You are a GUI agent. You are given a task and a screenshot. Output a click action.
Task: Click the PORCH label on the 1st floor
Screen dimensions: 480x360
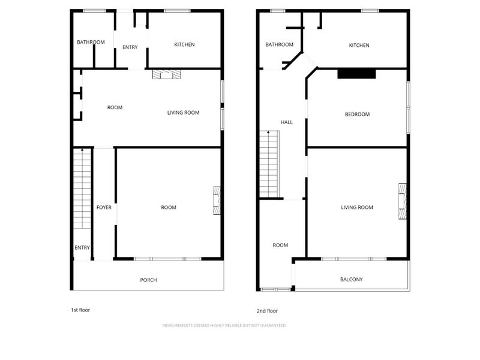(148, 280)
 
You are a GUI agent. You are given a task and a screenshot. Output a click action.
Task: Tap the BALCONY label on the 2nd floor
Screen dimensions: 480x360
(352, 279)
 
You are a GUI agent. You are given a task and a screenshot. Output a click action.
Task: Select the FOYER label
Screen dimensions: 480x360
(104, 207)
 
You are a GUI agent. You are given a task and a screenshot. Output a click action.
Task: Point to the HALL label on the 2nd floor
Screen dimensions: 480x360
(287, 122)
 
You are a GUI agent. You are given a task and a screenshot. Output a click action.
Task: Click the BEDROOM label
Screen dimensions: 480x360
(357, 114)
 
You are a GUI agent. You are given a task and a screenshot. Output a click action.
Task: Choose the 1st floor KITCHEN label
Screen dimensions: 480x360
(184, 44)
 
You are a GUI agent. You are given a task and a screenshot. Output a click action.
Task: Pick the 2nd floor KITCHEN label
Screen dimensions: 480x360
(359, 46)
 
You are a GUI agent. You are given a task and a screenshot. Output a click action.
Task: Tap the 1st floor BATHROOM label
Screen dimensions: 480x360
(91, 42)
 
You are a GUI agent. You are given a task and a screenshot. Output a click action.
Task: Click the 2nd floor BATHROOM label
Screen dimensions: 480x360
(279, 44)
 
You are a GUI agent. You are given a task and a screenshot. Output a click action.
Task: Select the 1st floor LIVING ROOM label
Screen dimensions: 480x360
(184, 113)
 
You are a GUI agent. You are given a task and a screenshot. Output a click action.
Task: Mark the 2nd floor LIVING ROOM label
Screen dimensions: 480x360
(357, 207)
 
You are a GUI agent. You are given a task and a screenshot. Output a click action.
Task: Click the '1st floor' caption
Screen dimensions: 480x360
(80, 310)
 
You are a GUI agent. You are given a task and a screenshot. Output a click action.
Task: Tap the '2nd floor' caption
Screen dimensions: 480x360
(267, 311)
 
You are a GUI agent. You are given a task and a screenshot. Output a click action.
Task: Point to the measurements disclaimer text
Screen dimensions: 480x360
(224, 325)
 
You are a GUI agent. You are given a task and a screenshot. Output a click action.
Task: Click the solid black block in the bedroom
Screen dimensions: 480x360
(356, 74)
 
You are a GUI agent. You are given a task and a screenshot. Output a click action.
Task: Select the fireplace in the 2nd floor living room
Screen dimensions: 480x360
(402, 201)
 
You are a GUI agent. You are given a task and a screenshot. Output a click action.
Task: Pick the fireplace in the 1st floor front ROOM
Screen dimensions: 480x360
(217, 200)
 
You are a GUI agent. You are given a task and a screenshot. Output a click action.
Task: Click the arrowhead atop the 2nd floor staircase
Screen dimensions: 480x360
(268, 132)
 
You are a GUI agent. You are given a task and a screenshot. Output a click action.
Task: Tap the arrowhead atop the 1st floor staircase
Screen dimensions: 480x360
(82, 149)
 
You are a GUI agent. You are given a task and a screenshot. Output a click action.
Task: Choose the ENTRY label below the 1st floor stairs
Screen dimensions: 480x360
(82, 248)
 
